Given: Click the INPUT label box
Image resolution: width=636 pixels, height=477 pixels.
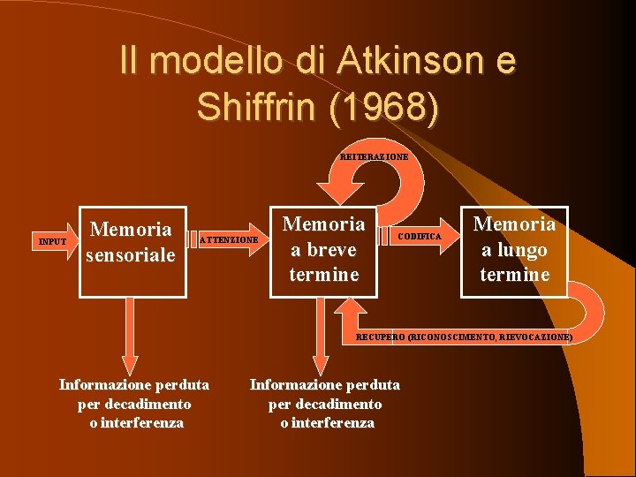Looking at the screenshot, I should [x=53, y=240].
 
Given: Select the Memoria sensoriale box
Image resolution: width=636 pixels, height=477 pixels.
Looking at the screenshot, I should [x=132, y=251].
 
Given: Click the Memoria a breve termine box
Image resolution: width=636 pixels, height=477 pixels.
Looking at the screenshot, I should [x=324, y=250].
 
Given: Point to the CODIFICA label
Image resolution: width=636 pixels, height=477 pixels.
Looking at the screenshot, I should [x=420, y=237].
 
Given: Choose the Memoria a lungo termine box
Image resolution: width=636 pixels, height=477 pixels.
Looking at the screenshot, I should [x=515, y=250].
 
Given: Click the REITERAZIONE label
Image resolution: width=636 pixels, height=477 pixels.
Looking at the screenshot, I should [x=375, y=156].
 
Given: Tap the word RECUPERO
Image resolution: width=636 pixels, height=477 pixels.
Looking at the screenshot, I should [x=381, y=337].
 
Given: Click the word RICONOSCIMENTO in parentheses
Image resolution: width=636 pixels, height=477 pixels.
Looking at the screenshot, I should [x=451, y=337].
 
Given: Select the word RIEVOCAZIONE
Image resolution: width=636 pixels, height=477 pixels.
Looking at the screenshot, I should [x=536, y=337].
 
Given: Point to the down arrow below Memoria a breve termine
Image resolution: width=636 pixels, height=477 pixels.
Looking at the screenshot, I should [x=320, y=344].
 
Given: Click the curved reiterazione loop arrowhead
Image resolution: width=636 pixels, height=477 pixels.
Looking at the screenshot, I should [x=336, y=190].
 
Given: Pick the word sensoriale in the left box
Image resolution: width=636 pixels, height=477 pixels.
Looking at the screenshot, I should [x=132, y=255].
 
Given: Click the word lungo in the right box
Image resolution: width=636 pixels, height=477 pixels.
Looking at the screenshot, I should [x=515, y=249].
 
